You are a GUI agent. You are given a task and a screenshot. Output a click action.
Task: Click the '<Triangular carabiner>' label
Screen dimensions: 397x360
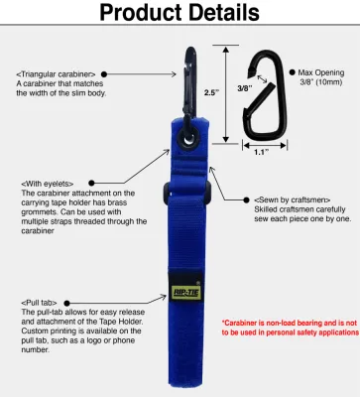pos(55,74)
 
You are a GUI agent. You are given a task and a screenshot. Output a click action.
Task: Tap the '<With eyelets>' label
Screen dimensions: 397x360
pos(49,184)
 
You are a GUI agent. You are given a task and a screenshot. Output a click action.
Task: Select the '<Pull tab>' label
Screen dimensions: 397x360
pos(41,301)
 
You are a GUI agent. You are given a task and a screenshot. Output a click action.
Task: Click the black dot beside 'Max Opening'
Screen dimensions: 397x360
pos(293,72)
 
